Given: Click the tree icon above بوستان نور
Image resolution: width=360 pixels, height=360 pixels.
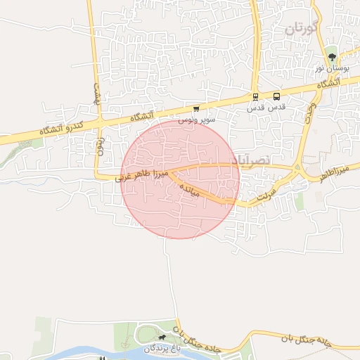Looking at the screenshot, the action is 332,57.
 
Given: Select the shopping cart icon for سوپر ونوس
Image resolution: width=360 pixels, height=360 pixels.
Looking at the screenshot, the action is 195,109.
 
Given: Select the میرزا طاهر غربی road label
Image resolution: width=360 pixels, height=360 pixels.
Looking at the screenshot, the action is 143,175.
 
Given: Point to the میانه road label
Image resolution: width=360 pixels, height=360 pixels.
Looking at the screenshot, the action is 190,190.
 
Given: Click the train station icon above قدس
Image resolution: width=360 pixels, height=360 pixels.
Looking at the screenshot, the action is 255,97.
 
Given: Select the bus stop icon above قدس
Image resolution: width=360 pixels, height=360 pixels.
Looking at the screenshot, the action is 276,97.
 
